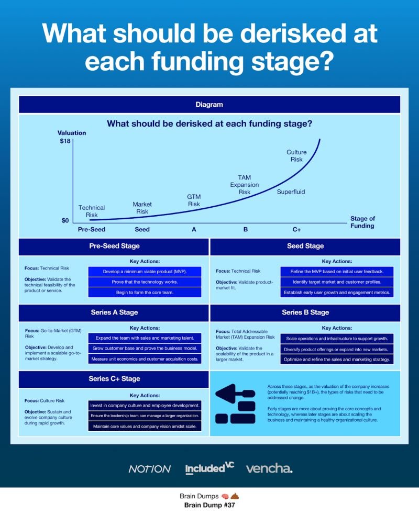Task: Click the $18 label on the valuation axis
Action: click(65, 141)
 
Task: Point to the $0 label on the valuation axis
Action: click(65, 220)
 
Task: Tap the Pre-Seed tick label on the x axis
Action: click(92, 229)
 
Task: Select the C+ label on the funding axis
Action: click(296, 229)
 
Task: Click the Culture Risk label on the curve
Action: click(296, 155)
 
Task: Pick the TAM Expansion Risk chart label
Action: click(245, 185)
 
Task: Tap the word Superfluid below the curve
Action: click(291, 192)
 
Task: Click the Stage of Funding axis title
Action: click(362, 222)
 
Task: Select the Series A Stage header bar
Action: click(114, 312)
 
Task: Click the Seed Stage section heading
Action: click(305, 246)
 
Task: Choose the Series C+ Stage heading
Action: click(114, 378)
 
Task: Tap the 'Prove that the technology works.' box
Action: click(144, 282)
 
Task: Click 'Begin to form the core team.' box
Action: click(144, 292)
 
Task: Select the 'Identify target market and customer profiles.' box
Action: click(336, 282)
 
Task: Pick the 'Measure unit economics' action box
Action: click(144, 359)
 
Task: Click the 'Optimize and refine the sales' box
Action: click(336, 359)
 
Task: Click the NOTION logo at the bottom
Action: click(149, 469)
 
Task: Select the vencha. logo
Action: click(269, 468)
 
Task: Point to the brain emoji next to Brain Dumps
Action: click(224, 496)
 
